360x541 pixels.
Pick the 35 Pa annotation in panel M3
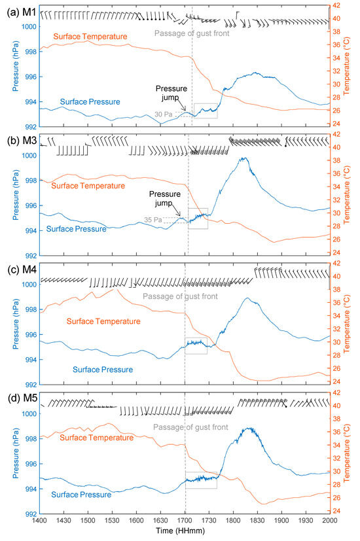coord(153,220)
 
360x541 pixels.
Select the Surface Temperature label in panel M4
coord(104,321)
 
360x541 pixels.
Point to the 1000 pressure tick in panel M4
coord(28,285)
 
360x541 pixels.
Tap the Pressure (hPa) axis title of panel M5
coord(7,451)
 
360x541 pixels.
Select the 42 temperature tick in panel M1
coord(336,5)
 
